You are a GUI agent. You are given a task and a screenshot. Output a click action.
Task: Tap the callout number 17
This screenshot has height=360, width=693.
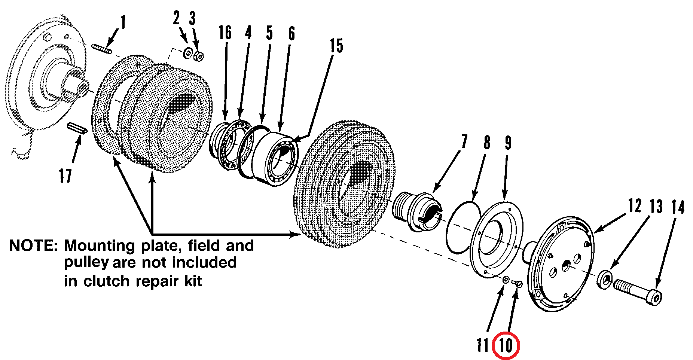coord(65,175)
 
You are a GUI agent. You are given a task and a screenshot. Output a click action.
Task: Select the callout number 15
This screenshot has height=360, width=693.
coord(336,46)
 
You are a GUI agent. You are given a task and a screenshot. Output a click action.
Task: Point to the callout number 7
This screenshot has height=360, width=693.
coord(464,142)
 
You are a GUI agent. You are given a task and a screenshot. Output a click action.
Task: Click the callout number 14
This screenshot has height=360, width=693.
coord(678,207)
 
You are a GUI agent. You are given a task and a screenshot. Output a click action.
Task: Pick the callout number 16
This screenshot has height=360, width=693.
coord(225,33)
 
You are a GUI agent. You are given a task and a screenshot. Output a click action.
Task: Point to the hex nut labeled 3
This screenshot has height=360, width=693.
coord(198,57)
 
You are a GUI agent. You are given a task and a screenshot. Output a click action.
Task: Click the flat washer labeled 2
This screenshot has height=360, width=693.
coord(187,53)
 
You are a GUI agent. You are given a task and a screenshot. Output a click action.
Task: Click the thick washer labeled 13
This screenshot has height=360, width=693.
coord(604,279)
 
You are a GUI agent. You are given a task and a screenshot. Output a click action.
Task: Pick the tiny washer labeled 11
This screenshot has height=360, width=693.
coord(506,279)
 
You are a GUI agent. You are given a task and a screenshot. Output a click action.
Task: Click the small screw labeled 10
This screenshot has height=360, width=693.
coord(517,284)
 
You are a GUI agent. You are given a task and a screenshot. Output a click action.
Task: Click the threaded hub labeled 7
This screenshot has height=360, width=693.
coord(417,211)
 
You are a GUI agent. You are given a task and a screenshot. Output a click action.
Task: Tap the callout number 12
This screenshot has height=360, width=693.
coord(635,206)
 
